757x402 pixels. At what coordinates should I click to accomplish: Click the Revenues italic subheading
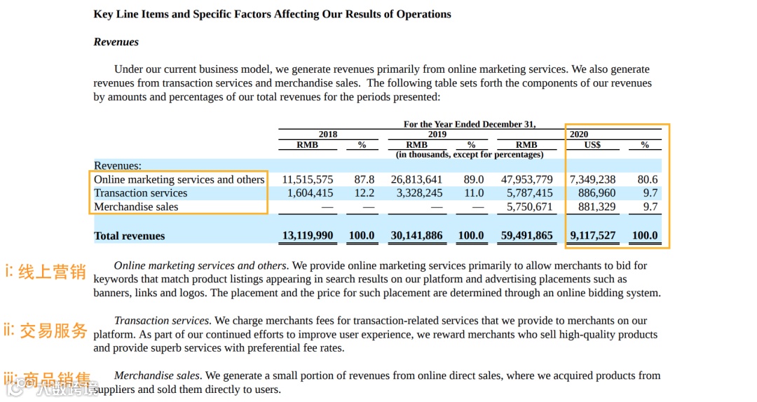[116, 42]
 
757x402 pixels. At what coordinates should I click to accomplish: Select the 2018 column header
[327, 134]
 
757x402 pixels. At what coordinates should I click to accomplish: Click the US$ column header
[592, 145]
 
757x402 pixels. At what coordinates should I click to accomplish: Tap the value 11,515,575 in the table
[308, 180]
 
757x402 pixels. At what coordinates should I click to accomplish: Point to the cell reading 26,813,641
[417, 180]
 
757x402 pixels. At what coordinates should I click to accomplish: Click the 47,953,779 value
[526, 180]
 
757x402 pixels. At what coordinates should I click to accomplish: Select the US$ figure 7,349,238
[593, 180]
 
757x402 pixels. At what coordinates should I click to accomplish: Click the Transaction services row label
[141, 193]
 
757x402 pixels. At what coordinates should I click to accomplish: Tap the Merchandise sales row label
[136, 207]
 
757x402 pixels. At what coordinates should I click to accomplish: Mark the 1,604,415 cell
[308, 193]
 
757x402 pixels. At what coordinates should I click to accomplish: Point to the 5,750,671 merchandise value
[529, 207]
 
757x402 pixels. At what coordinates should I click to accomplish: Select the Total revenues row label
[130, 236]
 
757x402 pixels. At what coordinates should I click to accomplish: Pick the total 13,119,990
[308, 236]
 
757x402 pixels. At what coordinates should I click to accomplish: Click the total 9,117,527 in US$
[593, 236]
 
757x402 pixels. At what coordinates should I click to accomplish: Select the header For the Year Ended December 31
[470, 125]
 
